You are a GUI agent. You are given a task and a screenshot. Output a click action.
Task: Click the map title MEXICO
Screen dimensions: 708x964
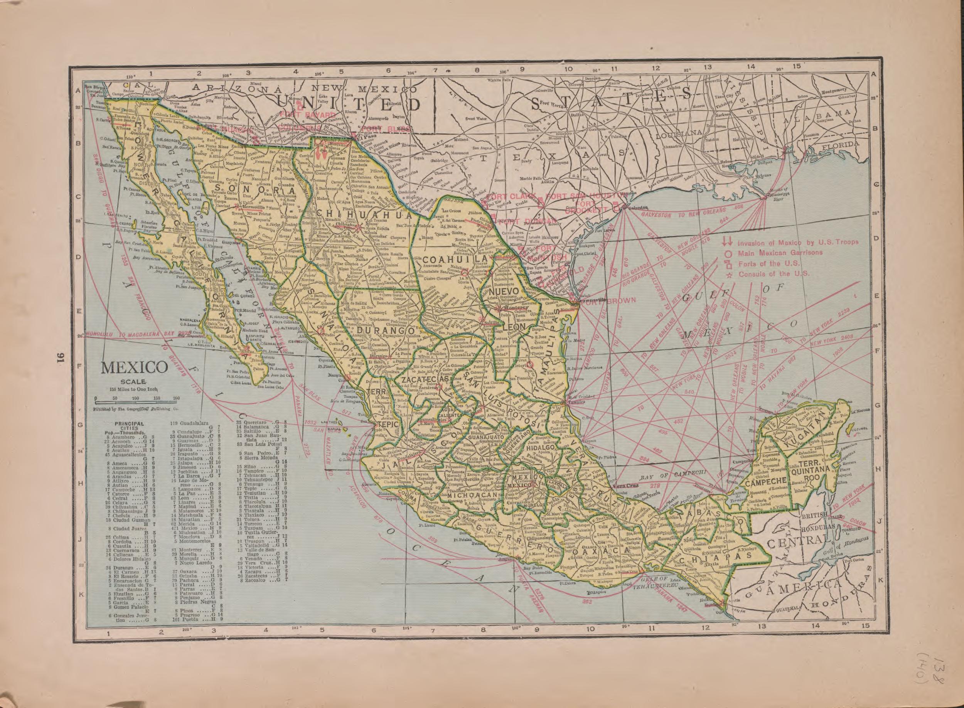134,368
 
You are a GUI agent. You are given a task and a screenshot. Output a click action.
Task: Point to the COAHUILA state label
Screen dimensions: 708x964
455,260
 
